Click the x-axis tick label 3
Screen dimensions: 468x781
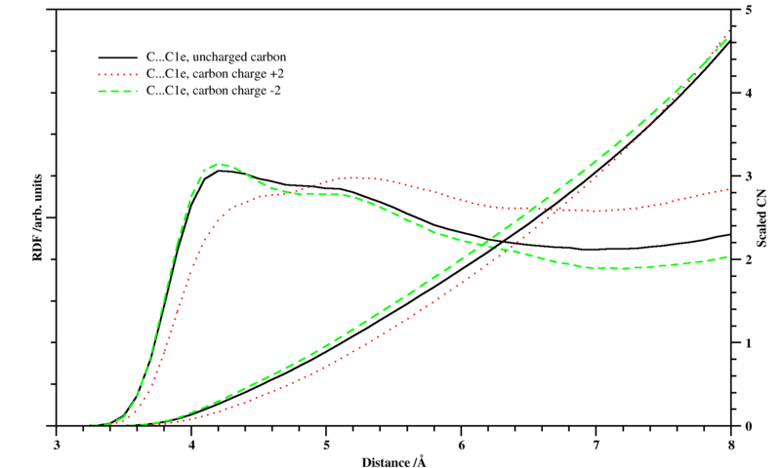pos(57,444)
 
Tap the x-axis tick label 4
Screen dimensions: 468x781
pos(191,444)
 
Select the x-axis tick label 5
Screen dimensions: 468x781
pos(326,444)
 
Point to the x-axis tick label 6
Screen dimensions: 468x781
pos(461,444)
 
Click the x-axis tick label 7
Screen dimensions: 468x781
pos(596,444)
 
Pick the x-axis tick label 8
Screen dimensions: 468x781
pos(730,444)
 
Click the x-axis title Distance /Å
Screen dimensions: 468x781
pos(393,460)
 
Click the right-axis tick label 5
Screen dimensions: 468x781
pos(747,10)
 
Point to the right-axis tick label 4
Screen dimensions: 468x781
pos(747,94)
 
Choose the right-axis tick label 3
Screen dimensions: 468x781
pos(747,176)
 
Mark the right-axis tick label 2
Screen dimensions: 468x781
pos(747,260)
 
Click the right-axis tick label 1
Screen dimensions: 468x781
pos(747,343)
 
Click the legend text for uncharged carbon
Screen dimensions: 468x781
pos(215,57)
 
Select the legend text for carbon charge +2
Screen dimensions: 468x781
pos(215,73)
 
